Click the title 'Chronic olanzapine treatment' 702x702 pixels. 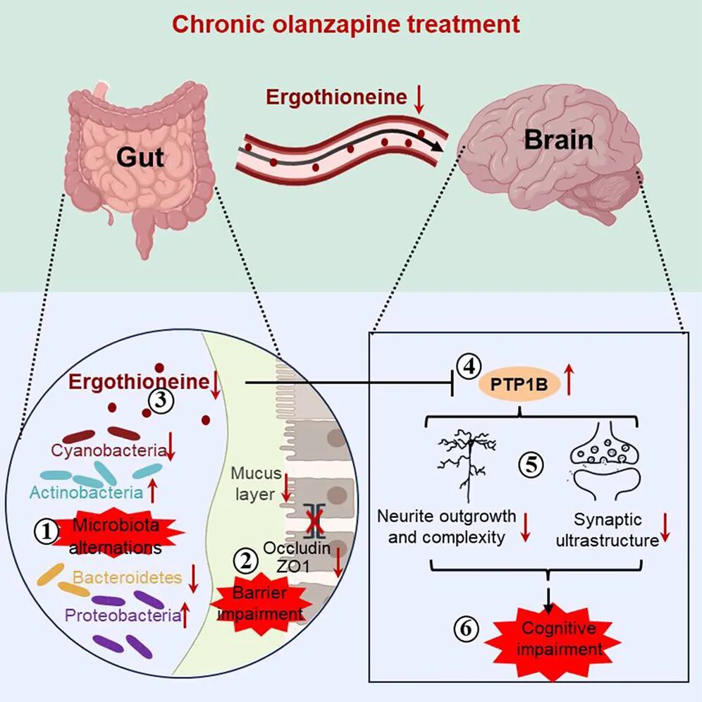346,25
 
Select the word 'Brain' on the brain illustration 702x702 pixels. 558,140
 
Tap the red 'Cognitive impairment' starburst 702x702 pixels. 558,638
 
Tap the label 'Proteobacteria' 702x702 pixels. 121,615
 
